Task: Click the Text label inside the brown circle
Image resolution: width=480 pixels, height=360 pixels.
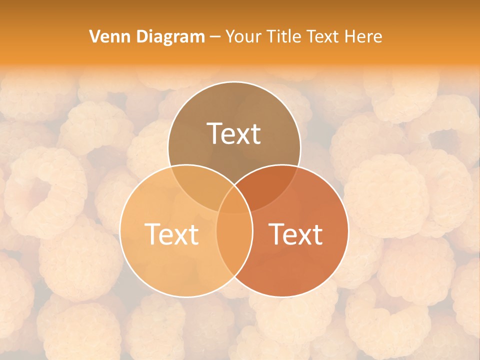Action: [234, 133]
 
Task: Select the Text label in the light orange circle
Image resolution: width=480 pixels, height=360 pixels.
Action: [171, 233]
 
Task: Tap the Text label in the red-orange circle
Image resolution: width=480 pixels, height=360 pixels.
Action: [296, 233]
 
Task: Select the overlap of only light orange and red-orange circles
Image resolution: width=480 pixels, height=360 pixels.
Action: [234, 245]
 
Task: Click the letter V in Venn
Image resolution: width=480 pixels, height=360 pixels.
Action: [94, 36]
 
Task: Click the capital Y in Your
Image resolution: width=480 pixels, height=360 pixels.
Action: [230, 36]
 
